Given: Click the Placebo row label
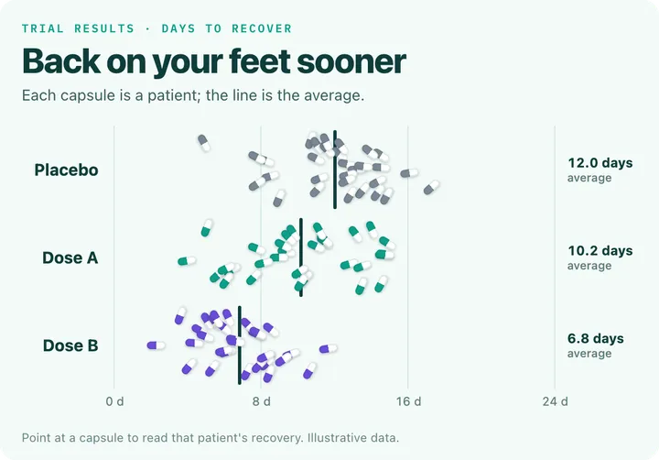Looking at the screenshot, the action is [67, 170].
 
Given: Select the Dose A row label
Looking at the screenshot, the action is [70, 257].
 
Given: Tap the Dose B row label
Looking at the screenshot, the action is [70, 345].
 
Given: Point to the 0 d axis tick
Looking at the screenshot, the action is [114, 401].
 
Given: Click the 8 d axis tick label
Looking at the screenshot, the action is [262, 401].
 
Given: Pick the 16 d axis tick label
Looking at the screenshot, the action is [408, 401].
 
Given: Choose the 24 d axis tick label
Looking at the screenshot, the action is [556, 401].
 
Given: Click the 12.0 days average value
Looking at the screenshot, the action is [600, 163].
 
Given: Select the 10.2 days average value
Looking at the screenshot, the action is [600, 251].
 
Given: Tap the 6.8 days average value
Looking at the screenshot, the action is [596, 338].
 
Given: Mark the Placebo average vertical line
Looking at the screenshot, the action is [335, 170].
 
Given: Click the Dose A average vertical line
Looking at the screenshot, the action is [301, 257].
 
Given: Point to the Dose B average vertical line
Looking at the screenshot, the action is [240, 345].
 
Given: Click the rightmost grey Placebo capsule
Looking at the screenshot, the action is [431, 187].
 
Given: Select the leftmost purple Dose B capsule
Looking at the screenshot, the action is [157, 345].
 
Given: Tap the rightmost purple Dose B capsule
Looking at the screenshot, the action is [329, 348].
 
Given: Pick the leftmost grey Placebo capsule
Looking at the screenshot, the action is [204, 143].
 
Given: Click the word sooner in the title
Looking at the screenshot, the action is [351, 61].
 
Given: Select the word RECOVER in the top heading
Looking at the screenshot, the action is [262, 28].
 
